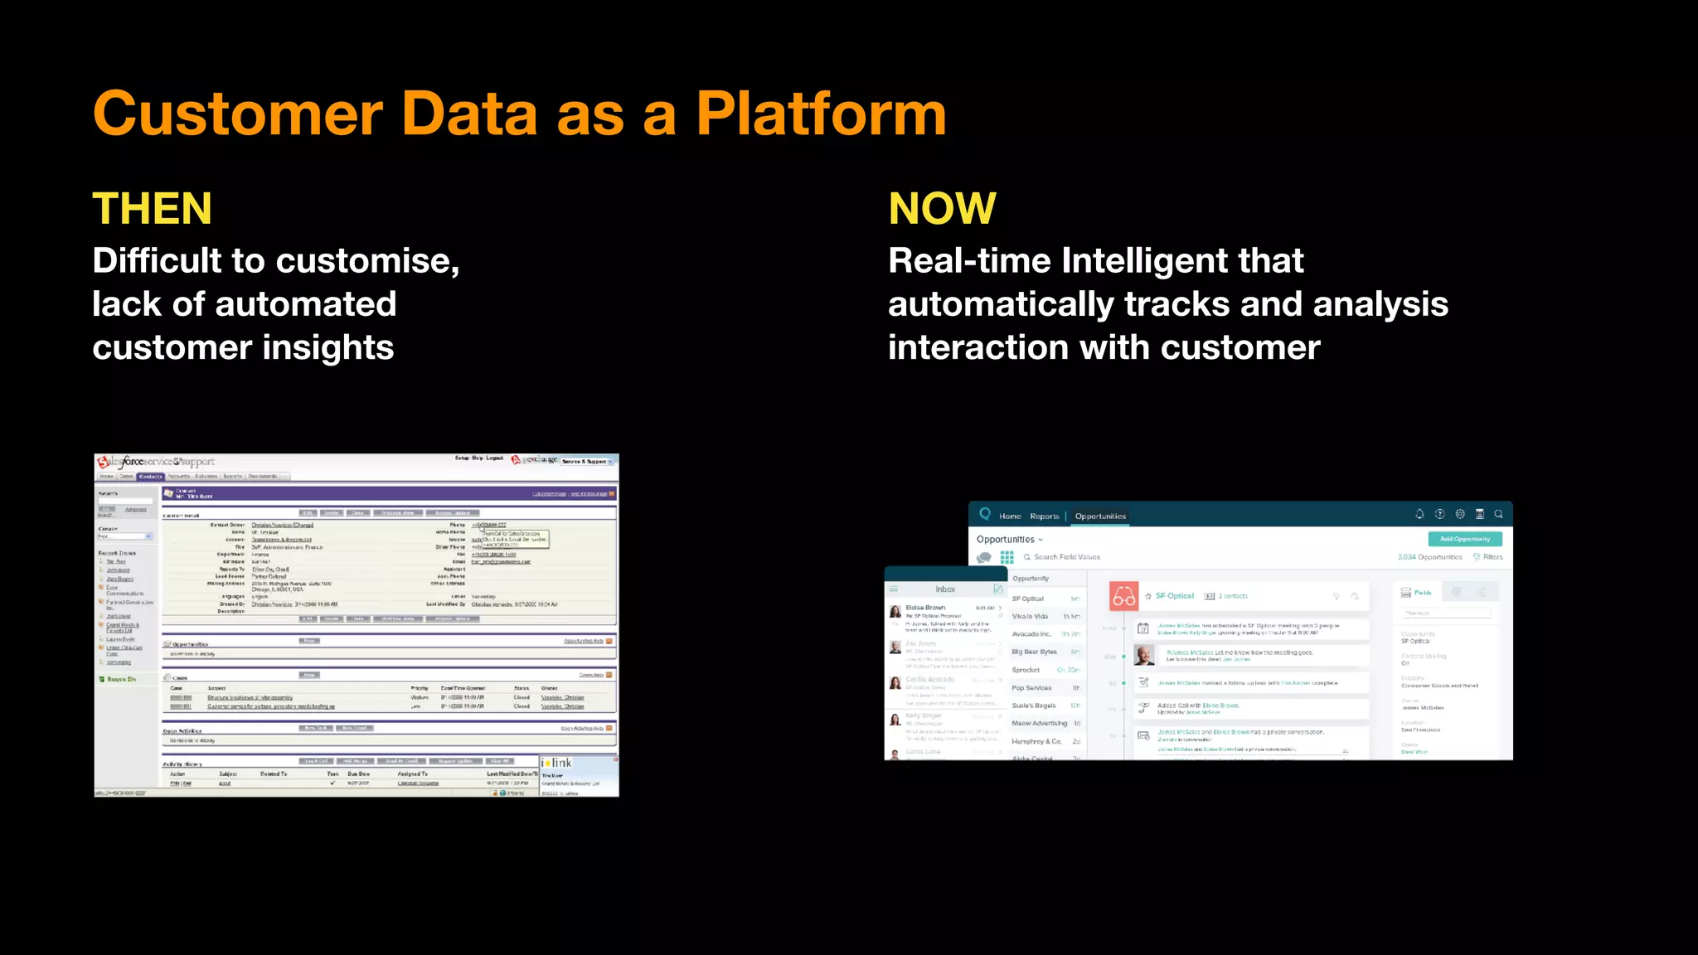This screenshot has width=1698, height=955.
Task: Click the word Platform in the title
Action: click(821, 114)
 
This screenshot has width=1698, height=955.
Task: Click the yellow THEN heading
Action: click(153, 208)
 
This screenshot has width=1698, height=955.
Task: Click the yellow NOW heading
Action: click(942, 208)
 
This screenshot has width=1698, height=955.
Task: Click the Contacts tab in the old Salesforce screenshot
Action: click(151, 477)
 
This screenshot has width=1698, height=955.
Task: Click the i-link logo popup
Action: click(557, 763)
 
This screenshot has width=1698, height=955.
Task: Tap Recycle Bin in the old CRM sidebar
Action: click(121, 679)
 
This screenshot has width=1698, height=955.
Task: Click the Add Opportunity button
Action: click(1464, 539)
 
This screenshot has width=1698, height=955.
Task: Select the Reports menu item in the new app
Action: click(1045, 516)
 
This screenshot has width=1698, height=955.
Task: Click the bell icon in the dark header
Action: click(1419, 514)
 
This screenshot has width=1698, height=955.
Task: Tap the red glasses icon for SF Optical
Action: click(1124, 597)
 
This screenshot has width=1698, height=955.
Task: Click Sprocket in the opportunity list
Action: click(1026, 670)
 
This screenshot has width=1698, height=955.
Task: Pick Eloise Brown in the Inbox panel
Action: click(925, 608)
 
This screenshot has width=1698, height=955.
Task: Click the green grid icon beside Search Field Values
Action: click(1007, 557)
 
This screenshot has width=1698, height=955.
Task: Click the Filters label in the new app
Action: click(1492, 557)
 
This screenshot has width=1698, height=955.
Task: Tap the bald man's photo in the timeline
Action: click(1145, 655)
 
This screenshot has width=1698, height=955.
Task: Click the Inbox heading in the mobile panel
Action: click(945, 589)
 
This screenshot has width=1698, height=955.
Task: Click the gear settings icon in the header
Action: click(1460, 514)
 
